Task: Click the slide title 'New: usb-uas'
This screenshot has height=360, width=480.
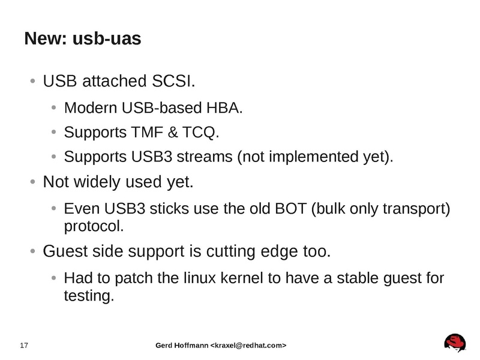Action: point(83,40)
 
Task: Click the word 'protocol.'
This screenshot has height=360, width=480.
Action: point(94,227)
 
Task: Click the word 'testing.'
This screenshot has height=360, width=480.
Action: point(88,296)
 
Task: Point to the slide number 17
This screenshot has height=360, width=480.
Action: point(25,346)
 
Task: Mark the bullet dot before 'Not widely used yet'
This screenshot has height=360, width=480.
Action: point(34,181)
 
